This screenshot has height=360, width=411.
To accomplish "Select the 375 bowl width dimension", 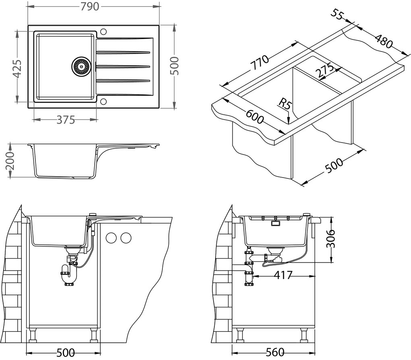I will click(x=64, y=120).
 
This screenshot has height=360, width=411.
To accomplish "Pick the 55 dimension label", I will click(x=338, y=15).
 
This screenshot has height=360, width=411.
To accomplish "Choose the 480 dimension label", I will click(x=383, y=40).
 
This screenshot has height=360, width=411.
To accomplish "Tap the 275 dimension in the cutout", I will click(x=324, y=70).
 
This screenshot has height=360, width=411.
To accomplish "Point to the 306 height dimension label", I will click(x=330, y=238).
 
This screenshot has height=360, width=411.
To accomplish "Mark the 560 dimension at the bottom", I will click(x=275, y=352).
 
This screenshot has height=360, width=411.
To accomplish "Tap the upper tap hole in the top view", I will click(x=103, y=31).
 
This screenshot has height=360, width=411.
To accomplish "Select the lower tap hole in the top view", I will click(x=103, y=101).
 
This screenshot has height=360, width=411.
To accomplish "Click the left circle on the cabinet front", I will click(x=111, y=238).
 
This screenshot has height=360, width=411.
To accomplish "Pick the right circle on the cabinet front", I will click(x=126, y=238).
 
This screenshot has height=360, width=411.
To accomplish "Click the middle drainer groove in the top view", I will click(x=123, y=66).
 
